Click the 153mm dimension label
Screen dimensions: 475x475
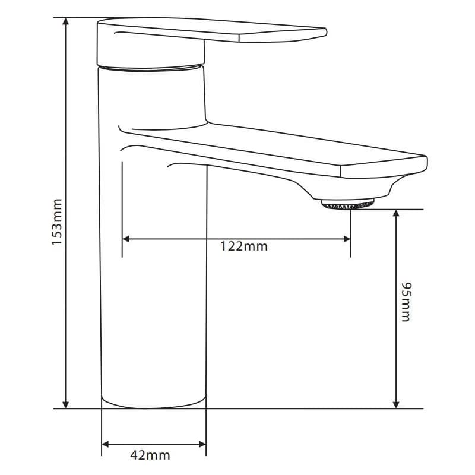click(x=57, y=221)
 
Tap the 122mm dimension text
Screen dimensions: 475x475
click(x=244, y=246)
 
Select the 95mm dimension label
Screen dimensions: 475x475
click(x=406, y=302)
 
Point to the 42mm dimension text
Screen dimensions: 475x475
click(x=150, y=455)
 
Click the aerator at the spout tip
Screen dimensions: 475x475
click(x=348, y=204)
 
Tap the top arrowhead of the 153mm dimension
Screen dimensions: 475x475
click(x=65, y=21)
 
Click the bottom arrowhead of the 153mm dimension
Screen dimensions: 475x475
click(x=65, y=405)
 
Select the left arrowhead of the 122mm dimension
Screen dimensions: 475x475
click(x=126, y=239)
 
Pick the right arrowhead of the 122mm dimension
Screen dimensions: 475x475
click(x=347, y=239)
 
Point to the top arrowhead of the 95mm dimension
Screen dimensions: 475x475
click(x=396, y=213)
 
